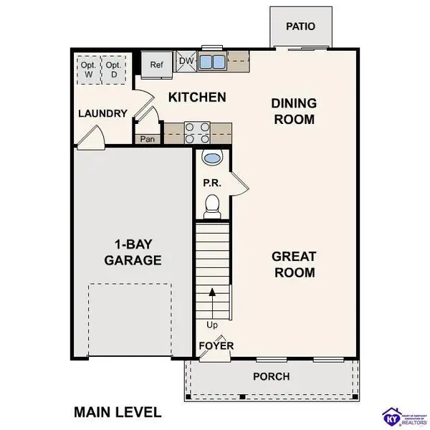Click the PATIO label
click(x=300, y=27)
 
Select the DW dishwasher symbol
click(x=186, y=62)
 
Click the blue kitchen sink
click(x=212, y=62)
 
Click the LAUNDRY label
click(x=102, y=113)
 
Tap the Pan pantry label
click(x=148, y=139)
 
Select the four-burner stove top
click(x=197, y=133)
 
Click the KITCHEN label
click(x=197, y=97)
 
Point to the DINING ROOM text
click(x=293, y=111)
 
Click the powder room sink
click(x=213, y=158)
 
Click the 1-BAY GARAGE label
click(x=133, y=252)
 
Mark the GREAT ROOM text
click(x=293, y=264)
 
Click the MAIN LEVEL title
click(x=118, y=412)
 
